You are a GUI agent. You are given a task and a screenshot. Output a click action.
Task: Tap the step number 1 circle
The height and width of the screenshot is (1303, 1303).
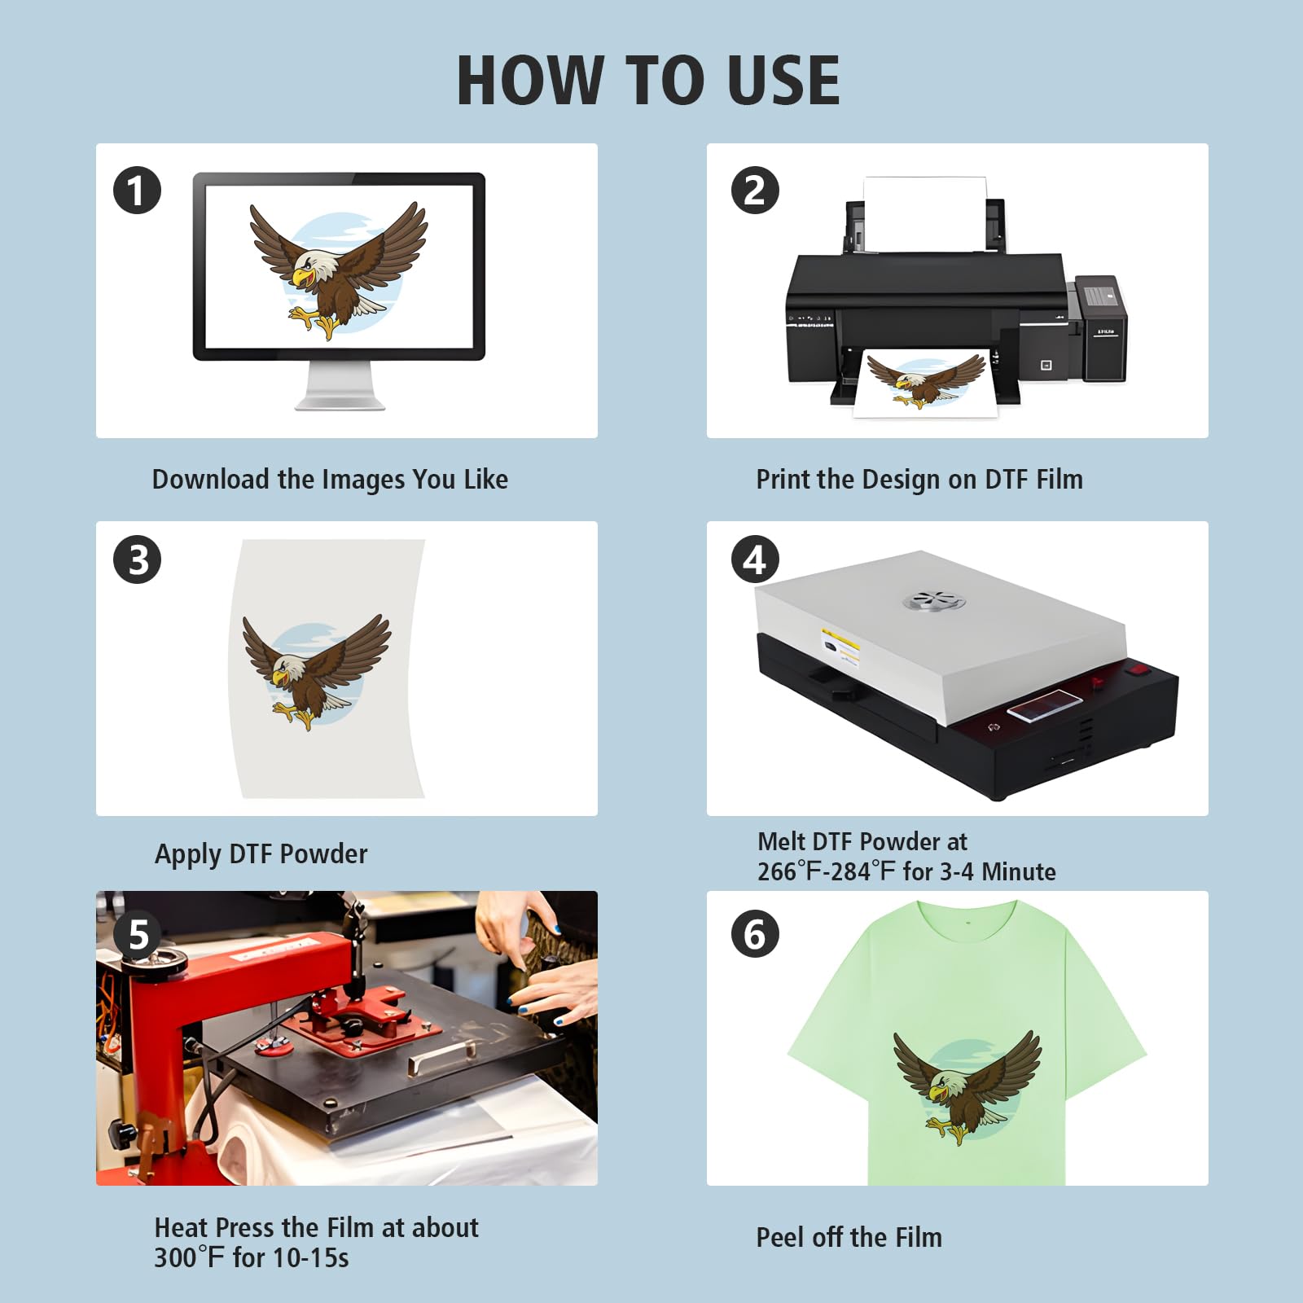tap(137, 191)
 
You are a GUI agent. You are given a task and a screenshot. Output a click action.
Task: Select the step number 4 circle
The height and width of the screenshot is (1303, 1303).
tap(755, 559)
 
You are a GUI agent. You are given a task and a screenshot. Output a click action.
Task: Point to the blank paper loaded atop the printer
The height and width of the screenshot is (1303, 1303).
tap(924, 213)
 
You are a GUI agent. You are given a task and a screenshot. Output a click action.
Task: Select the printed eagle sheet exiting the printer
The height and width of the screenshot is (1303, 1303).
tap(925, 383)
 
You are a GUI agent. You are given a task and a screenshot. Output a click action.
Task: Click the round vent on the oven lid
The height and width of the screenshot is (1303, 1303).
tap(934, 602)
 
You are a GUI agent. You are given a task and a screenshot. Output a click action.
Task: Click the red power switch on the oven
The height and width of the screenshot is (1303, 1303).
tap(1138, 670)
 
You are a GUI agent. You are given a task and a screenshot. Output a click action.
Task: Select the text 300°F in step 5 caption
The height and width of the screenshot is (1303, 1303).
tap(189, 1257)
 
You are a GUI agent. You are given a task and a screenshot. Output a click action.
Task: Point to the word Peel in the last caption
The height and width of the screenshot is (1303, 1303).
tap(781, 1237)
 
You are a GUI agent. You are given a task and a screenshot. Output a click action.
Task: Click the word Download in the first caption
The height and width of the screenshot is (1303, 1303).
tap(211, 479)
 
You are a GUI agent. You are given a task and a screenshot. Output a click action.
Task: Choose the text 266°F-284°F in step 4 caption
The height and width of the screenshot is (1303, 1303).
tap(827, 871)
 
